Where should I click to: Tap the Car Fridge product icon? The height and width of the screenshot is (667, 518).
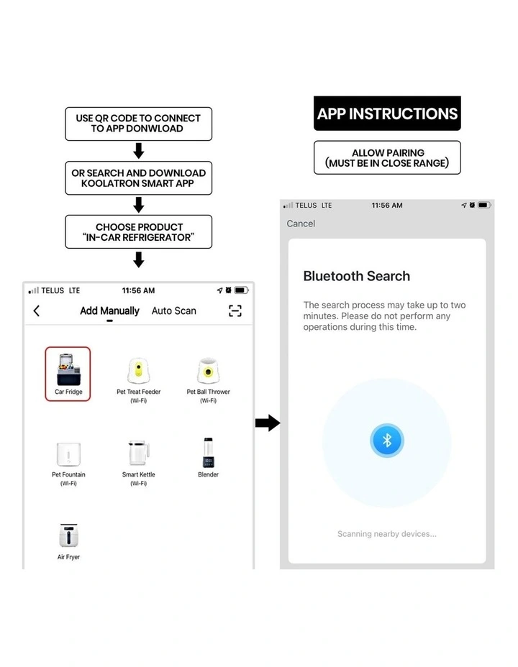point(68,369)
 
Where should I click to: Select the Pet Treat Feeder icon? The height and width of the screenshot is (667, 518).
point(138,370)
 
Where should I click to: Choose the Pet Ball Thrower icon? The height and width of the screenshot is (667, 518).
point(208,370)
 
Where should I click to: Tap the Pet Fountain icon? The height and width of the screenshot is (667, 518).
point(68,454)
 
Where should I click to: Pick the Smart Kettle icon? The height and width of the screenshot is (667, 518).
point(139,453)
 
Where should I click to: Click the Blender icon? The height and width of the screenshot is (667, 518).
point(208,453)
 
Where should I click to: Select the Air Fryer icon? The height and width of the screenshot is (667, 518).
point(68,535)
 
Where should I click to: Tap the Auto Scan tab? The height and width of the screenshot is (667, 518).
point(173,311)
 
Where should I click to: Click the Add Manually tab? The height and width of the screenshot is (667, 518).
point(109,311)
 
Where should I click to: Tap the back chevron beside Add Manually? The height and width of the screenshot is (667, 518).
point(37,311)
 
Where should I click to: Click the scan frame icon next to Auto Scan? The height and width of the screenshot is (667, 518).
point(235,311)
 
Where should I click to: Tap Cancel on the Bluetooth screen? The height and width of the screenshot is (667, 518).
point(301,224)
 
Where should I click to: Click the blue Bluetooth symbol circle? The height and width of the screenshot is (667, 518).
point(387,441)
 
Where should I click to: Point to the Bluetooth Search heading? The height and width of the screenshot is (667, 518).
point(357,276)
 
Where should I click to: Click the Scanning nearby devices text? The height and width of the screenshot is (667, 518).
point(387,534)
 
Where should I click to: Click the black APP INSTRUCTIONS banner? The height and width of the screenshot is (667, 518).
point(387,113)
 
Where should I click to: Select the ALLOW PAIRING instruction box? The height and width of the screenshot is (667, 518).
point(387,157)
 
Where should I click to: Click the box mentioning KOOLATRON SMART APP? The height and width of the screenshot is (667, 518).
point(138,178)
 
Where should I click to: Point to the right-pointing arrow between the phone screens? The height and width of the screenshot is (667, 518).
point(268,423)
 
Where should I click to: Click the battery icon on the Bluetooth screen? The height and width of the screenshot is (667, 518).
point(484,205)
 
